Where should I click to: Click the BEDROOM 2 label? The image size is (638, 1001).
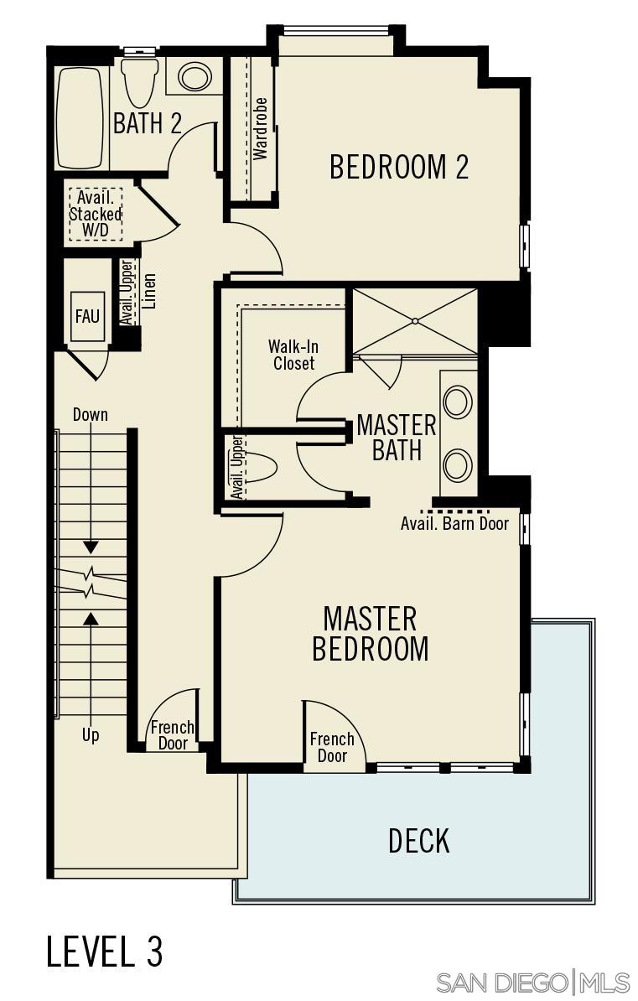pos(398,167)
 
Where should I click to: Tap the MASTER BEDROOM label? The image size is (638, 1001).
pos(370,634)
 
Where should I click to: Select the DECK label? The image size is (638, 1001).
pos(418,840)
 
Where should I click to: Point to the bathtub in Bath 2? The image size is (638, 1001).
pos(80,117)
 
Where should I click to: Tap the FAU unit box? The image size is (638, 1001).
pos(87,316)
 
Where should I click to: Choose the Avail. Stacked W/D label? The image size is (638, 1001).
pos(95,214)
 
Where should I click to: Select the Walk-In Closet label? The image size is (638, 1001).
pos(293,355)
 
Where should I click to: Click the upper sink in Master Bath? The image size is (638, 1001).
pos(458,402)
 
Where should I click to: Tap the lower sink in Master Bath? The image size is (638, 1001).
pos(458,464)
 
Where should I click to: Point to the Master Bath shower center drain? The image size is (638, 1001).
pos(414,321)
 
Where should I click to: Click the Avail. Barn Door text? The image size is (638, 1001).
pos(454,523)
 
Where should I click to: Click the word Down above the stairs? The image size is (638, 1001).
pos(90,414)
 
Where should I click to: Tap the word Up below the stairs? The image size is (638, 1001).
pos(90,735)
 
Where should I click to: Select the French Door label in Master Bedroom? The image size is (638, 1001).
pos(332,747)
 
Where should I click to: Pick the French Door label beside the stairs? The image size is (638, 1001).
pos(173,735)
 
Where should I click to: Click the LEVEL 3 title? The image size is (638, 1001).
pos(105,952)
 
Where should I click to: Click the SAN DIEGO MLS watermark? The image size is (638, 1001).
pos(533,982)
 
